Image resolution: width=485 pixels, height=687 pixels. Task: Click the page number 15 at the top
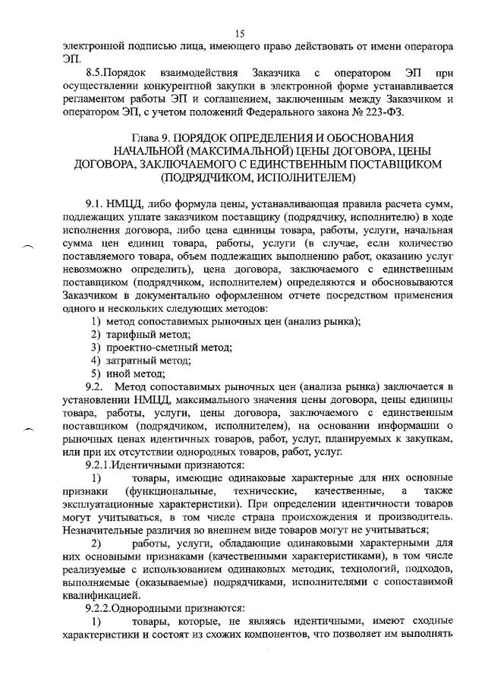pos(241,33)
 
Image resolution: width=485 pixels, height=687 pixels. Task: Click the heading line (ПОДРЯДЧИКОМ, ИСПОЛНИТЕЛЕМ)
pos(257,178)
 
